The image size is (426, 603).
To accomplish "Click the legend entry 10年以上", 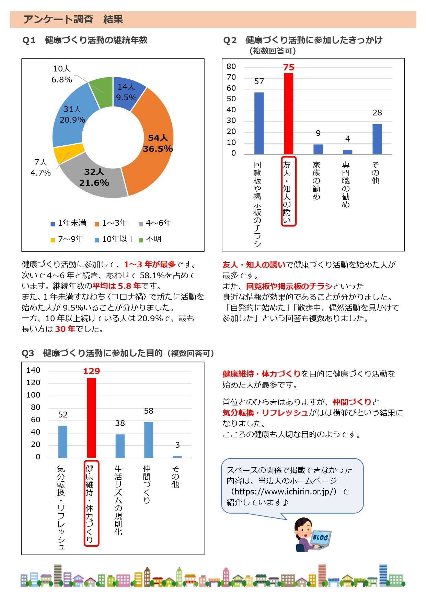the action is [115, 239].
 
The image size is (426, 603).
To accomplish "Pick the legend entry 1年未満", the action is [69, 223].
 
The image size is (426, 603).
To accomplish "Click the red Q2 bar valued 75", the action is [288, 113].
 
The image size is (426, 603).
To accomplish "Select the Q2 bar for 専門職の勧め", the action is [347, 152].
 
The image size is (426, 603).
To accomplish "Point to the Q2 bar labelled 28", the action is [377, 139].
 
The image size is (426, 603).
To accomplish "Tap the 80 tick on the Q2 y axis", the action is [231, 67].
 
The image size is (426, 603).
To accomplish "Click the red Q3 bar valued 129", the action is [91, 418].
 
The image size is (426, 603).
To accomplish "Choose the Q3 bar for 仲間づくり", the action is [149, 440].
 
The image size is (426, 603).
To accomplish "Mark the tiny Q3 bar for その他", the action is [177, 457].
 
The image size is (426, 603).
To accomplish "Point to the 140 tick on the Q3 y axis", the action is [33, 370].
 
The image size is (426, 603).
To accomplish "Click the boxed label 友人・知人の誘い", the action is [288, 191].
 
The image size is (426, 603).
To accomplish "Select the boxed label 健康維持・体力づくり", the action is [91, 503].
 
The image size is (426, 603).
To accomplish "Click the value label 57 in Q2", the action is [259, 81].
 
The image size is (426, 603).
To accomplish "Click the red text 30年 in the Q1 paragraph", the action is [65, 329].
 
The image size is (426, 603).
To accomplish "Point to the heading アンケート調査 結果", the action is [73, 20].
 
